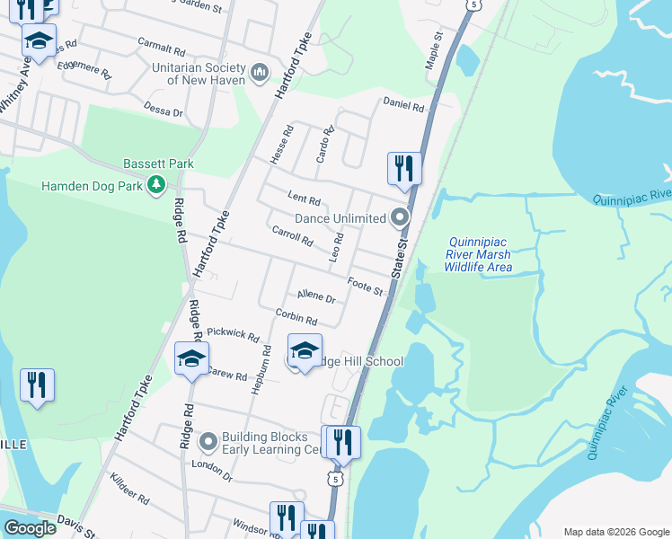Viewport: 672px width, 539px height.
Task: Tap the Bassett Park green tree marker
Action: click(x=157, y=184)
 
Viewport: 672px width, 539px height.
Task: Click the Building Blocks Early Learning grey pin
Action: click(x=208, y=441)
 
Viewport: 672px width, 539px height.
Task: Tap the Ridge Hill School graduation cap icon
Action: click(x=305, y=350)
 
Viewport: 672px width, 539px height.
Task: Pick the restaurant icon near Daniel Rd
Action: click(x=404, y=168)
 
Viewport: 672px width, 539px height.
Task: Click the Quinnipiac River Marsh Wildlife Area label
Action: click(x=480, y=254)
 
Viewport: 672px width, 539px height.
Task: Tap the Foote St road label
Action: click(x=367, y=286)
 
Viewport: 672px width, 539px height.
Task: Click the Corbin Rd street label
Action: click(x=296, y=316)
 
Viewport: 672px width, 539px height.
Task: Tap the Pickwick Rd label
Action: click(x=233, y=335)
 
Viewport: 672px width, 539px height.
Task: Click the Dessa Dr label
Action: click(x=164, y=109)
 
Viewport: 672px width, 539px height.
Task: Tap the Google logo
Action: click(x=30, y=528)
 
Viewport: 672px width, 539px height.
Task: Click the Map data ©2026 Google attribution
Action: click(x=615, y=532)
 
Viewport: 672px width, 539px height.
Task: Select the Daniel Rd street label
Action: click(x=403, y=104)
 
